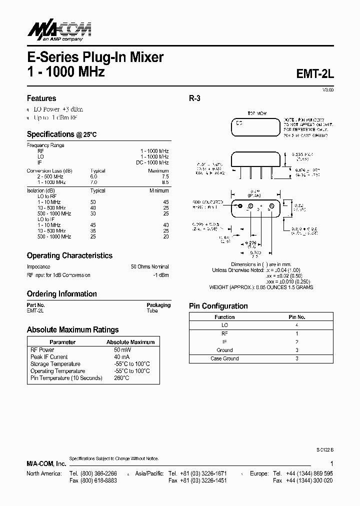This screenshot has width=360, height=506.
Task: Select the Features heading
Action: (x=41, y=98)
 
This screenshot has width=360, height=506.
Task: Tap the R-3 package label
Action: (x=194, y=98)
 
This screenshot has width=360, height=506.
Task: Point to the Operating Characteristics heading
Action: (x=69, y=255)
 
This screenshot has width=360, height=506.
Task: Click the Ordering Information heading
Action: (x=61, y=294)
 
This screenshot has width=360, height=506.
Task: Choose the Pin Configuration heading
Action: (x=218, y=306)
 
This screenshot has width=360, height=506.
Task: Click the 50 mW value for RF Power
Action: (x=122, y=350)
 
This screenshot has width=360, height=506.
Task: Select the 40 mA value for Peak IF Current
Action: (x=121, y=357)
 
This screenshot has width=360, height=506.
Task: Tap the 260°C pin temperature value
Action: (x=122, y=378)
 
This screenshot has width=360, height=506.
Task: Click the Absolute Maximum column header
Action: (x=130, y=342)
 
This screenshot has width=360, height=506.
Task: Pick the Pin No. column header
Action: (x=297, y=317)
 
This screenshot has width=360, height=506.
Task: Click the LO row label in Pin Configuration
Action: (x=224, y=325)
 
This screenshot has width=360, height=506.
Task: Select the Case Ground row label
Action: (x=224, y=358)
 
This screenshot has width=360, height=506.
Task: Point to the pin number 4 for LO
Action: (x=297, y=325)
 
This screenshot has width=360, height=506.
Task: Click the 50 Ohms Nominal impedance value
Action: (x=150, y=267)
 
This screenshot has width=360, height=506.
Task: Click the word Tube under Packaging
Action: (x=152, y=310)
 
